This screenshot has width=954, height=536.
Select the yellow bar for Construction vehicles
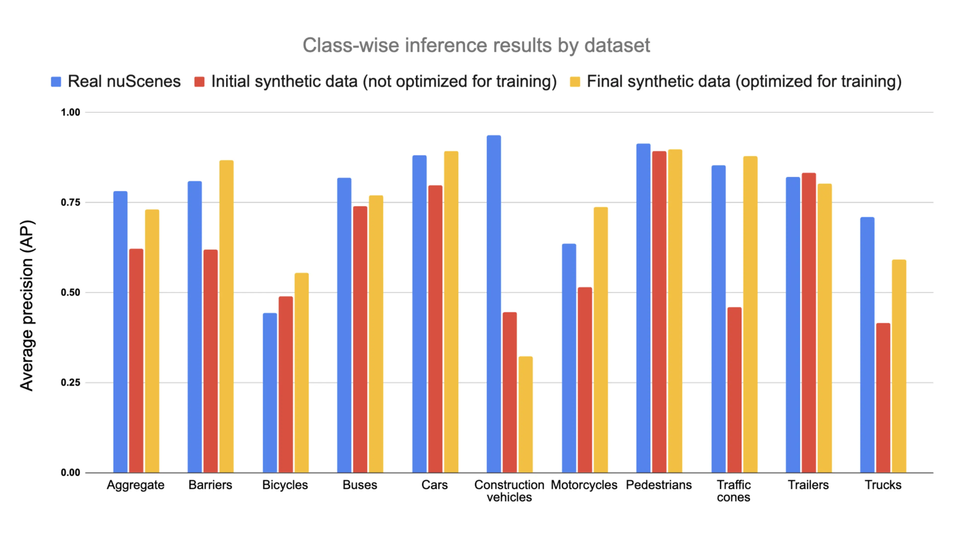tap(525, 414)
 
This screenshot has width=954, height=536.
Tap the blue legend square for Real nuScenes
tap(56, 82)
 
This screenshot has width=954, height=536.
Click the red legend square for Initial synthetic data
tap(199, 82)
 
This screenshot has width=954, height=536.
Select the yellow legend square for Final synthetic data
tap(575, 82)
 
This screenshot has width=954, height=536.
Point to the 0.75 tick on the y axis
tap(70, 202)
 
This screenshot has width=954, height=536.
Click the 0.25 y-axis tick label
tap(70, 382)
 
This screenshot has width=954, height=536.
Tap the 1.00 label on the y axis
tap(70, 112)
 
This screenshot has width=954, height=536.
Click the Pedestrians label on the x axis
tap(658, 485)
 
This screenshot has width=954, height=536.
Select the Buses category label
tap(359, 485)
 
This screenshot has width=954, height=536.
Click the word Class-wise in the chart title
tap(351, 45)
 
